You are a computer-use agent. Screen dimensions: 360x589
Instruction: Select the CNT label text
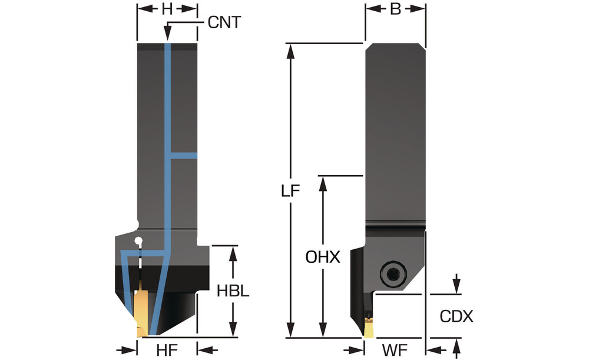point(224,23)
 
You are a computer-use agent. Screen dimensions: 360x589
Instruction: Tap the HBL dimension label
point(233,291)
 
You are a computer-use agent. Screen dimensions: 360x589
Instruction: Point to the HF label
point(167,349)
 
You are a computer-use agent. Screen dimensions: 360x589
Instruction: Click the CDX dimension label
point(456,316)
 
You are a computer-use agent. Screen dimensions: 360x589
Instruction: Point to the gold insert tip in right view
point(369,327)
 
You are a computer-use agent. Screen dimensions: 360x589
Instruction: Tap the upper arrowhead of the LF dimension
point(290,49)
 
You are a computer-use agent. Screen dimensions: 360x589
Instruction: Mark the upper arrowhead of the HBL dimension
point(233,252)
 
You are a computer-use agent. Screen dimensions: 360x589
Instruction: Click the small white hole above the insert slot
point(138,240)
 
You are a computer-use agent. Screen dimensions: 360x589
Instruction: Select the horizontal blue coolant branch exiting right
point(184,156)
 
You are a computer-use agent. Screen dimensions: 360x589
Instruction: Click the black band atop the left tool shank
point(167,47)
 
